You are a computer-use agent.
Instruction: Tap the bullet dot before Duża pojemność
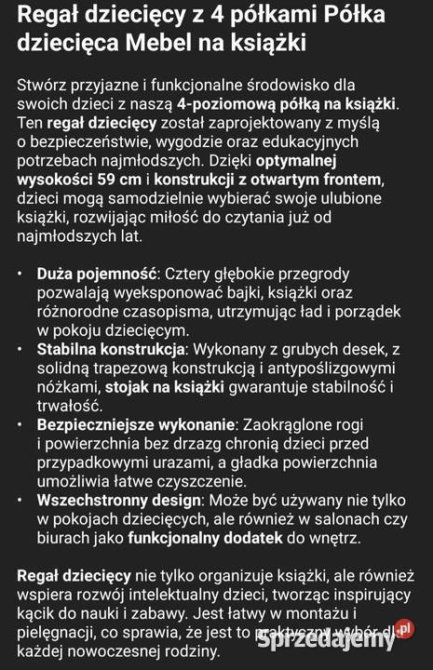click(22, 275)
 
